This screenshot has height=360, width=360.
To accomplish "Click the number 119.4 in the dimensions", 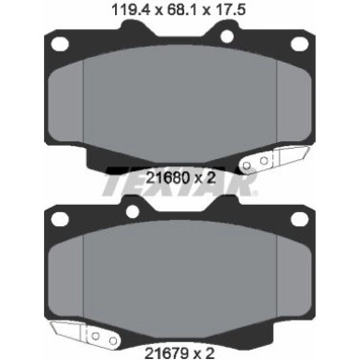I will click(x=127, y=12).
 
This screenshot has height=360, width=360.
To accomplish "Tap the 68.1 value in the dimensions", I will click(x=176, y=12).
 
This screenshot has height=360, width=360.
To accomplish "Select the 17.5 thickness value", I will click(x=224, y=12).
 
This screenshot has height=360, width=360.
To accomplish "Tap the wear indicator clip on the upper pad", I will click(x=259, y=161).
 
